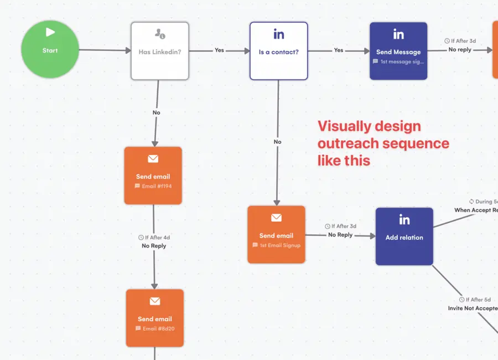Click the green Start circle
(x=50, y=50)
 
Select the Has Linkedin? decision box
(x=160, y=51)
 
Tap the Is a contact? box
(x=278, y=51)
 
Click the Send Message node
(x=398, y=51)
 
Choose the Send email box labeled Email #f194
(x=153, y=176)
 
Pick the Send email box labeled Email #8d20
(x=154, y=318)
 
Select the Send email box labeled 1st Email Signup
(x=276, y=234)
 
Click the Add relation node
(x=404, y=236)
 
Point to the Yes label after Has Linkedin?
(x=220, y=50)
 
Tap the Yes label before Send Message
(x=339, y=50)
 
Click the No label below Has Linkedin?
(x=157, y=113)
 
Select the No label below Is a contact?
(x=278, y=142)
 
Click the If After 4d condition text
(x=154, y=238)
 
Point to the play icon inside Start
(x=50, y=33)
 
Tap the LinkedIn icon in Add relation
(x=404, y=220)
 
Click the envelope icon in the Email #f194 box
(x=153, y=159)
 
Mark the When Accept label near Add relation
(x=475, y=210)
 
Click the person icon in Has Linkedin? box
(x=160, y=34)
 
